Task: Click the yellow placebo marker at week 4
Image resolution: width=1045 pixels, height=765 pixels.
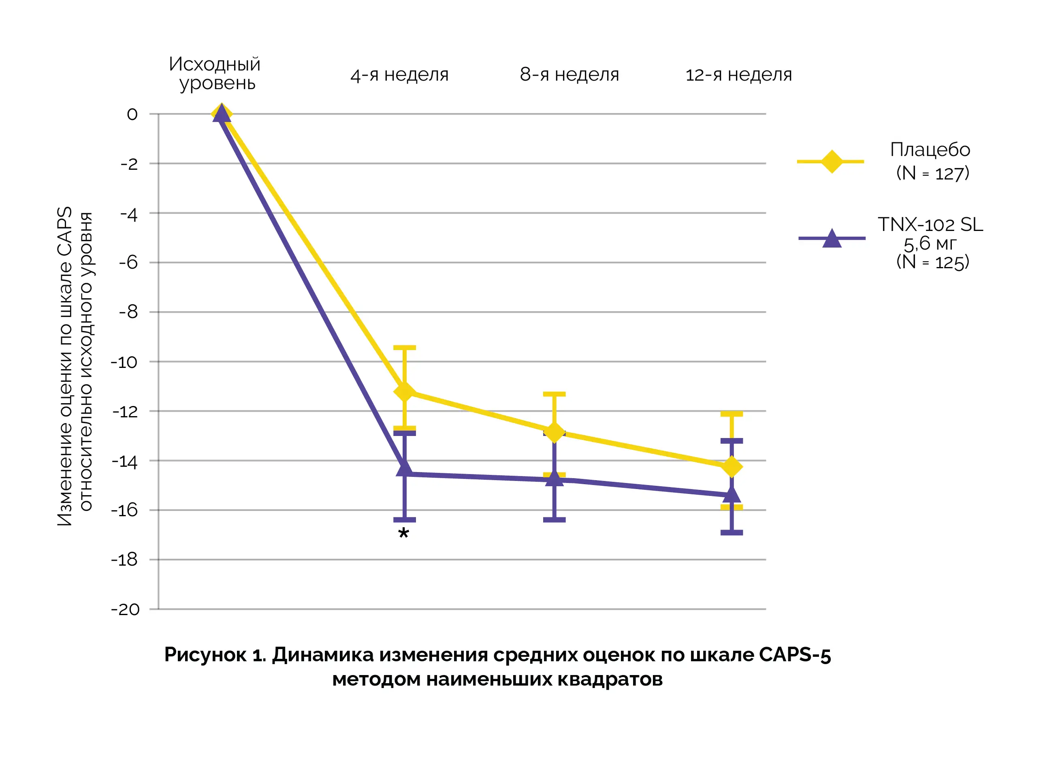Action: pos(405,391)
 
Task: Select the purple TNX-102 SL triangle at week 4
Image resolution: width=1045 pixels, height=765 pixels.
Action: pos(405,469)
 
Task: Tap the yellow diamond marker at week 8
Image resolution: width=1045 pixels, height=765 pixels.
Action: pos(554,432)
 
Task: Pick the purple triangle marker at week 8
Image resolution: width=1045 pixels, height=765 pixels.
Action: pos(554,479)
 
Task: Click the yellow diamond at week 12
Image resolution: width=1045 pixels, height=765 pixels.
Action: pos(731,466)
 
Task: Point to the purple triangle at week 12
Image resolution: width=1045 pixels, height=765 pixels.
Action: pos(731,495)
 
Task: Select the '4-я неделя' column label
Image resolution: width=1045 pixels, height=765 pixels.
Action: pos(399,75)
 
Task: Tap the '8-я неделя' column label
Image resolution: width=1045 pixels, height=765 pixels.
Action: pos(569,75)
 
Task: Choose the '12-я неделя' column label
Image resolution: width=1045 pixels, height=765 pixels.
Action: pos(739,75)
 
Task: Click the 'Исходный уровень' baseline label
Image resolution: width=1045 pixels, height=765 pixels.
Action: pos(215,73)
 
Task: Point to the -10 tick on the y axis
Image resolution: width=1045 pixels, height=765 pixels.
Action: pos(124,362)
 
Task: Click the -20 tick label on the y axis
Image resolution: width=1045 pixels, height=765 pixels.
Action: pos(125,609)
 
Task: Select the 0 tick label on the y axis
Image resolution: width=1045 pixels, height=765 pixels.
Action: pos(132,114)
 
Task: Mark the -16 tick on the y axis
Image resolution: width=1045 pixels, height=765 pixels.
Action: pos(124,510)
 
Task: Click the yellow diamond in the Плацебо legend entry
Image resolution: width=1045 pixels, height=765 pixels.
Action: pos(831,162)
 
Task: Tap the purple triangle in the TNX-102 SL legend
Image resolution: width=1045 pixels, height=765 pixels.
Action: pos(832,239)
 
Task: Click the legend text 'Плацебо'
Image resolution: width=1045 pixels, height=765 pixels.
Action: pos(930,150)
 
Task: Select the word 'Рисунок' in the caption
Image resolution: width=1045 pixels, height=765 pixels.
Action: pos(205,655)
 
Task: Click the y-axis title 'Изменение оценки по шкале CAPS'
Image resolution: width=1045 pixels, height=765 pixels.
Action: pos(64,366)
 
